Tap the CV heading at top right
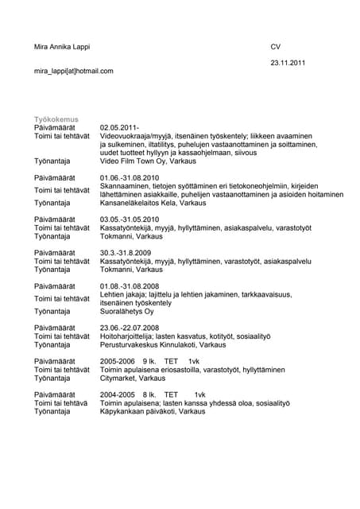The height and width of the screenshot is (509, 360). click(276, 47)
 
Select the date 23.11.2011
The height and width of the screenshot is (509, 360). click(288, 62)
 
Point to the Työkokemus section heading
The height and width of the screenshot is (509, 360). click(56, 119)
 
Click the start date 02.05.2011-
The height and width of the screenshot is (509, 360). click(120, 127)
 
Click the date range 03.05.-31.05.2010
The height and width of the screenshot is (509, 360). click(130, 219)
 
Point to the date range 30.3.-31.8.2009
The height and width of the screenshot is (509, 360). click(126, 252)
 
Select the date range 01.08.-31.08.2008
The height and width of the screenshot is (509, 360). click(130, 286)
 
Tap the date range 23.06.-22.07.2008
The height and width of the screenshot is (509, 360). click(130, 328)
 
